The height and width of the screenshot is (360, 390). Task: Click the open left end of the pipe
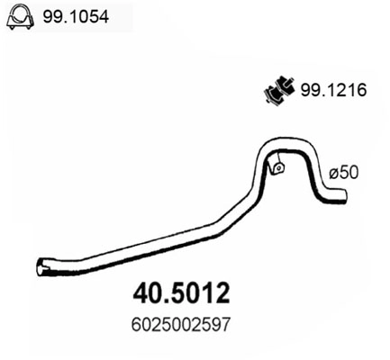click(x=40, y=266)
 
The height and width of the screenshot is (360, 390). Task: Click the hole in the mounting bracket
click(x=278, y=166)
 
